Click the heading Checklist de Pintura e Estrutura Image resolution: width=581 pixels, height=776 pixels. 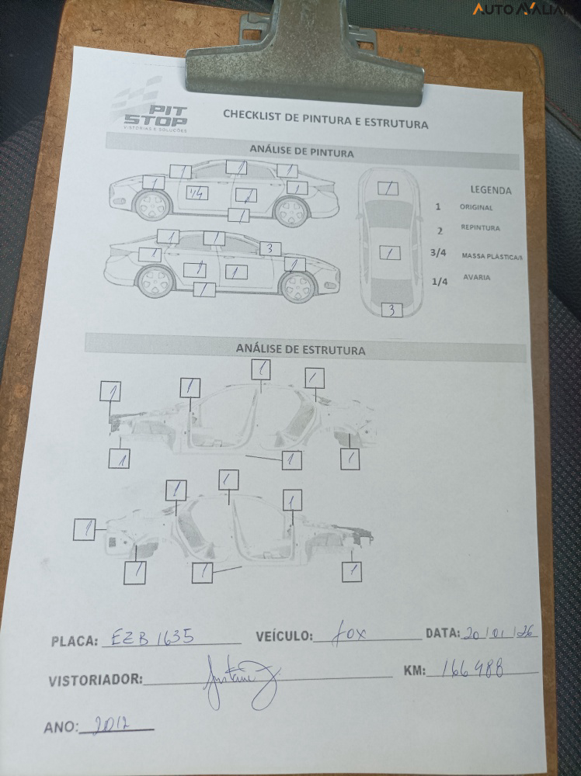click(325, 119)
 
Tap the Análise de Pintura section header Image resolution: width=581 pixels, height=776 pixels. click(301, 151)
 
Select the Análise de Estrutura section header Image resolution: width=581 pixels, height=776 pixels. click(301, 350)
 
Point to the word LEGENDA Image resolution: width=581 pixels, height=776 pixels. click(491, 189)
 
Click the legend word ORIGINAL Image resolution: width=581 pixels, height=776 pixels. click(476, 208)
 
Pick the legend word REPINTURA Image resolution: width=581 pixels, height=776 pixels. click(480, 228)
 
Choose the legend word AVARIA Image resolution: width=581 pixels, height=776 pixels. click(477, 278)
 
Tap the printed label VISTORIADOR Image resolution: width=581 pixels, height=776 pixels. click(96, 681)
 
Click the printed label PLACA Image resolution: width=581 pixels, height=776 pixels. click(75, 642)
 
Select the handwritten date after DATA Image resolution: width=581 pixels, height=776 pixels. click(499, 633)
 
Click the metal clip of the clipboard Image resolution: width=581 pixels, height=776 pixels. click(304, 48)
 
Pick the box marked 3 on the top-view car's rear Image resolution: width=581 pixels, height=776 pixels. click(392, 310)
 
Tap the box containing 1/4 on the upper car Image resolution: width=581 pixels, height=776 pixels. click(198, 193)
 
